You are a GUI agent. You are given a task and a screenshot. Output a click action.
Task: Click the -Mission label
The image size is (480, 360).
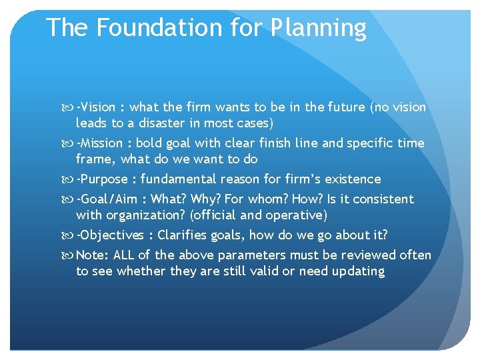point(99,143)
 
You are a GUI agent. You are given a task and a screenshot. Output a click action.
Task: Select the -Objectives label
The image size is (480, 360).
point(110,235)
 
